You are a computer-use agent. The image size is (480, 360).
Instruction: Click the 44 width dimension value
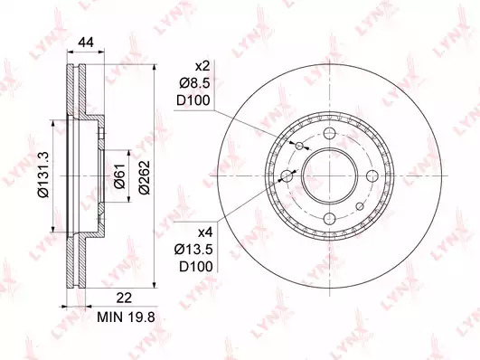click(86, 43)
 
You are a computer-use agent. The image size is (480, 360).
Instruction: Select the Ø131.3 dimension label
click(43, 175)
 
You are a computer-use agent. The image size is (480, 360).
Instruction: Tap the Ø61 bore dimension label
click(119, 175)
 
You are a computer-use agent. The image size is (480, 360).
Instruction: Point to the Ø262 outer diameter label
click(144, 177)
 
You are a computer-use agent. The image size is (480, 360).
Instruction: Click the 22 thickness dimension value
click(124, 298)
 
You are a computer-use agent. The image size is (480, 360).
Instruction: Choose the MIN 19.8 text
click(126, 317)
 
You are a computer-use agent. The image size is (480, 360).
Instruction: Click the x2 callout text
click(203, 66)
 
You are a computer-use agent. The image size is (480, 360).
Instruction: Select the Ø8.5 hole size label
click(195, 83)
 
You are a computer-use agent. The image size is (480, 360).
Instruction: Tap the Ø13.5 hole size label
click(193, 250)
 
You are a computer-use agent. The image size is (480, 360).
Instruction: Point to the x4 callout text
click(205, 233)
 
